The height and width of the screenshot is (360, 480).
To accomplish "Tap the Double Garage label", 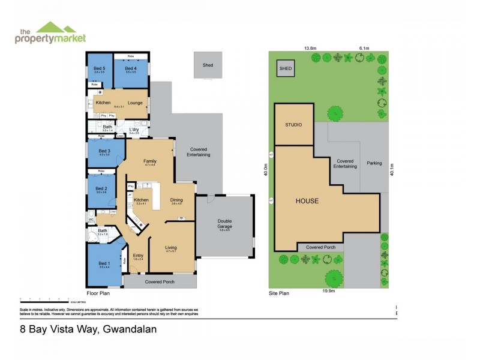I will pos(224,223).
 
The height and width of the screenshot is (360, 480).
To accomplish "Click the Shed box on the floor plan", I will pos(208,65).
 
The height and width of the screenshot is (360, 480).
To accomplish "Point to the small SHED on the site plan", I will pos(286,69).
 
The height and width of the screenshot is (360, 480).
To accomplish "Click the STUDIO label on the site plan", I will pos(293,125).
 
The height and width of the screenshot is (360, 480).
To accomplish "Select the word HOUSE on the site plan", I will pos(307,201).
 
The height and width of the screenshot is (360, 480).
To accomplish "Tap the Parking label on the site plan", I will pos(374,163).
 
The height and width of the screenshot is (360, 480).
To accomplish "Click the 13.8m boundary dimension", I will pos(310,48).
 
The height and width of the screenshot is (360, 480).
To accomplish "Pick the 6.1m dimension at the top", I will pos(364,48).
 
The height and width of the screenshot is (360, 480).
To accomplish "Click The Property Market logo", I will pos(50,33).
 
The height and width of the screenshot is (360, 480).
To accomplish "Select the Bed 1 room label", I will pos(104,263).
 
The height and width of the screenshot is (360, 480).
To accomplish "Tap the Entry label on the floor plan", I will pos(138,256).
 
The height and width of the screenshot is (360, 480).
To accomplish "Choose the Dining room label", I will pos(176,200).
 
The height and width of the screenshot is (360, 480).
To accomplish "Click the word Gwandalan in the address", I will pos(130,329).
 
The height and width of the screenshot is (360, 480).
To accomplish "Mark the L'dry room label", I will pos(134,130).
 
